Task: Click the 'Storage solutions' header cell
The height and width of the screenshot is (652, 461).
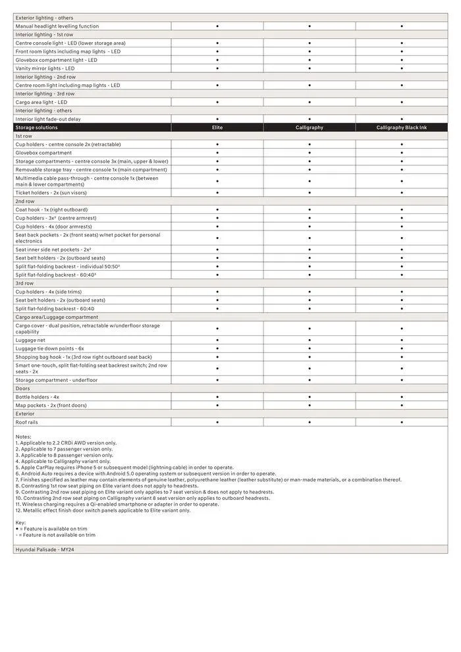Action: pyautogui.click(x=36, y=128)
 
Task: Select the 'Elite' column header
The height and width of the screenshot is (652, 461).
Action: pyautogui.click(x=217, y=128)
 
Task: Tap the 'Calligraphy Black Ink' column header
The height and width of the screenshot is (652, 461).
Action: pyautogui.click(x=401, y=128)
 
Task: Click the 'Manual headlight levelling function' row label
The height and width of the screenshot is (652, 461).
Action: pyautogui.click(x=57, y=26)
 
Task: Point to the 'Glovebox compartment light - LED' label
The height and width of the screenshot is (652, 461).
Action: pyautogui.click(x=56, y=60)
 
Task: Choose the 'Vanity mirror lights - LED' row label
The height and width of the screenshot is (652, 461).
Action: pyautogui.click(x=45, y=68)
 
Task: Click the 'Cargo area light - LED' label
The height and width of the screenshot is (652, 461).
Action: pyautogui.click(x=41, y=103)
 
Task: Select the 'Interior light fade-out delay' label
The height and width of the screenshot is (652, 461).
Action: pyautogui.click(x=48, y=119)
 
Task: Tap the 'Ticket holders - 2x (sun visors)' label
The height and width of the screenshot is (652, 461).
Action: pyautogui.click(x=51, y=193)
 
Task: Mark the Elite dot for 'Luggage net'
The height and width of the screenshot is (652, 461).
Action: pyautogui.click(x=217, y=340)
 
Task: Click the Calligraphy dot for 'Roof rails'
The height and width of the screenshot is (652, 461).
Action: pyautogui.click(x=310, y=422)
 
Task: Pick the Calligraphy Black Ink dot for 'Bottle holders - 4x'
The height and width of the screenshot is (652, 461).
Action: pyautogui.click(x=402, y=397)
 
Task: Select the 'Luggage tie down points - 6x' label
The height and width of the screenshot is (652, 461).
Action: pyautogui.click(x=50, y=348)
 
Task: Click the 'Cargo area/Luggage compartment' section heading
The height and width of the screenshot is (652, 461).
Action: pyautogui.click(x=56, y=317)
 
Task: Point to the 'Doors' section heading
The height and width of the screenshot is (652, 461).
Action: pyautogui.click(x=23, y=389)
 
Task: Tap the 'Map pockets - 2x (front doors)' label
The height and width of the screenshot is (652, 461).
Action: pyautogui.click(x=51, y=406)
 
